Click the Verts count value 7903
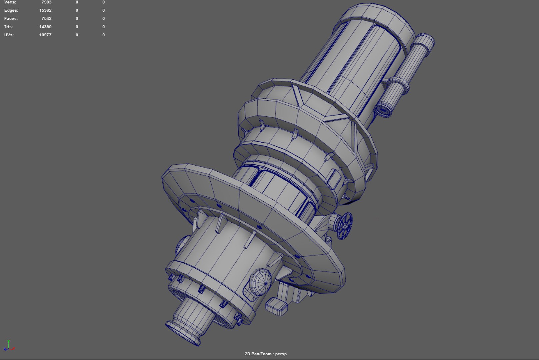(46, 2)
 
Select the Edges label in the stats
(11, 10)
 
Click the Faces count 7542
(46, 19)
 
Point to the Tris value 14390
(45, 27)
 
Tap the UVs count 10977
(45, 35)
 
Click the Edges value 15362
(45, 10)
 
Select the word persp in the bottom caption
(281, 354)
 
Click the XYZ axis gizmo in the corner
(9, 346)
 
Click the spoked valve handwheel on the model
(344, 226)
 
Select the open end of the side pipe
(383, 110)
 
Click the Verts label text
(10, 2)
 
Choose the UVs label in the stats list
(9, 35)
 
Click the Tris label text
(8, 27)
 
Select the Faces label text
(11, 19)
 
